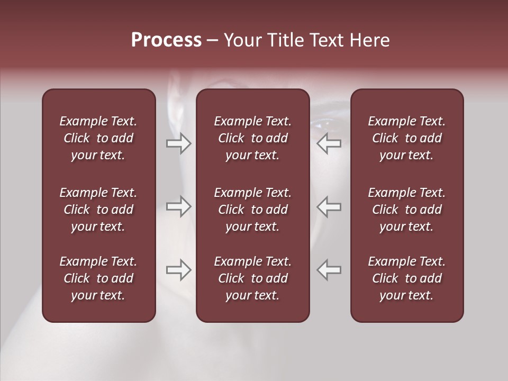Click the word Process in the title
click(166, 40)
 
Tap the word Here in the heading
click(368, 40)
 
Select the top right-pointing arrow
click(179, 143)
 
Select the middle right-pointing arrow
click(179, 206)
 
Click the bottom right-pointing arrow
click(179, 270)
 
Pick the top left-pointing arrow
click(329, 143)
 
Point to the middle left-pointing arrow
click(329, 206)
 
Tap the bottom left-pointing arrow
click(329, 270)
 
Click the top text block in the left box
click(98, 138)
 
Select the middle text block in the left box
click(98, 210)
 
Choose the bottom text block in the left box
click(98, 278)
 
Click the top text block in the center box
click(252, 138)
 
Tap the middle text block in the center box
click(252, 210)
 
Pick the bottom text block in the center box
click(252, 278)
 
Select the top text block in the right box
click(406, 138)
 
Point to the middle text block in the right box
click(406, 210)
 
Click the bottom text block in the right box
click(406, 278)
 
